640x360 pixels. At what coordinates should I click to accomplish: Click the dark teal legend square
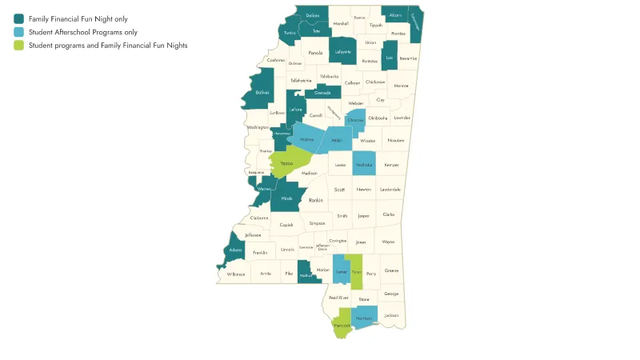tap(18, 18)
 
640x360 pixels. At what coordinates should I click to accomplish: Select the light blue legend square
tap(18, 32)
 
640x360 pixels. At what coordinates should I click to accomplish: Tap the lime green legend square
tap(18, 46)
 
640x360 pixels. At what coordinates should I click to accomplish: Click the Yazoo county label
tap(286, 163)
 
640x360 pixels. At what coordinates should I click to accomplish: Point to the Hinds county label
tap(286, 198)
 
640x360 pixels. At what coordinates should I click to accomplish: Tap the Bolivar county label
tap(262, 93)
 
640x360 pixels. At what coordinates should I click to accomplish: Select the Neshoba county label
tap(364, 164)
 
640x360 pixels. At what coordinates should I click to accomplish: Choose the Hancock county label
tap(342, 326)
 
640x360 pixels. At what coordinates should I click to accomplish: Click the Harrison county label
tap(364, 318)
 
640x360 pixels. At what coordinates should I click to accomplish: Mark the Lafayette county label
tap(343, 52)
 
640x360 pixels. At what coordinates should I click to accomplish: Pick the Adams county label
tap(235, 250)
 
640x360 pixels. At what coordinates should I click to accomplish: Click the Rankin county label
tap(316, 200)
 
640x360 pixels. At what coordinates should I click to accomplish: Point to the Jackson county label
tap(390, 315)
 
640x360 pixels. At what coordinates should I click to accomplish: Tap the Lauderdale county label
tap(390, 190)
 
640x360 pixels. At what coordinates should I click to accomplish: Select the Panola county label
tap(316, 53)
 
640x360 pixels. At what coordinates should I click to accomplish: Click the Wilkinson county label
tap(236, 274)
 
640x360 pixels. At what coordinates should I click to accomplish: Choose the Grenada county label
tap(322, 93)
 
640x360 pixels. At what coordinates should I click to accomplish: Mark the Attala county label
tap(337, 140)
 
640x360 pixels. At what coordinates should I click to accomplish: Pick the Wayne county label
tap(388, 241)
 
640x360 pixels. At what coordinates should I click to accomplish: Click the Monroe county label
tap(401, 85)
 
